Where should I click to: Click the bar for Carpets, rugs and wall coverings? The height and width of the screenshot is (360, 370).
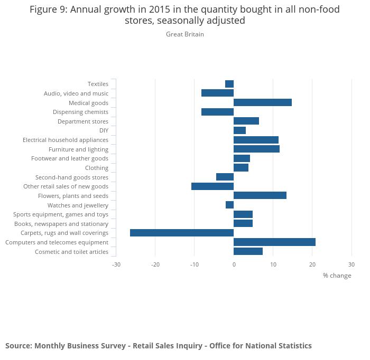pyautogui.click(x=182, y=233)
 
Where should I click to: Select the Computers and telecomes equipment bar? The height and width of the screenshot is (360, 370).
pyautogui.click(x=274, y=242)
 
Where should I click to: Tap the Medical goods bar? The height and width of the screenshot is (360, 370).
pyautogui.click(x=263, y=102)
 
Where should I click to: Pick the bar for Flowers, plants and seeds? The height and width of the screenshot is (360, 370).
pyautogui.click(x=260, y=195)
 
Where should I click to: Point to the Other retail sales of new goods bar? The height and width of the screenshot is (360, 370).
pyautogui.click(x=212, y=186)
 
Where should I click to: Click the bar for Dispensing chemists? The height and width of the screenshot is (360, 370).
pyautogui.click(x=217, y=112)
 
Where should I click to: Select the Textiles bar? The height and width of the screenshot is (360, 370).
pyautogui.click(x=229, y=84)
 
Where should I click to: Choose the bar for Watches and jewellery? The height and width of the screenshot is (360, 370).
pyautogui.click(x=229, y=205)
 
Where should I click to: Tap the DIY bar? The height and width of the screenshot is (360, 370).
pyautogui.click(x=239, y=130)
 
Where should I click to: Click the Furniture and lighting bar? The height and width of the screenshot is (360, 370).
pyautogui.click(x=256, y=149)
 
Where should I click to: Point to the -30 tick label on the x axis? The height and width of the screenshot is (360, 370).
pyautogui.click(x=116, y=264)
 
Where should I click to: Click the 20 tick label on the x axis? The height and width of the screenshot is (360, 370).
pyautogui.click(x=312, y=264)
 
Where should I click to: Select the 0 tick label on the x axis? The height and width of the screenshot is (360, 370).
pyautogui.click(x=234, y=264)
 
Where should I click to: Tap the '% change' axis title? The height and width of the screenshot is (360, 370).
pyautogui.click(x=337, y=276)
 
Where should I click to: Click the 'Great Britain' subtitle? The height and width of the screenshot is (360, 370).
pyautogui.click(x=185, y=34)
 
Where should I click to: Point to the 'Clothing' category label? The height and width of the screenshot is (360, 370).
pyautogui.click(x=97, y=168)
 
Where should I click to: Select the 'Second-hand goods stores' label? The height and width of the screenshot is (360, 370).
pyautogui.click(x=72, y=177)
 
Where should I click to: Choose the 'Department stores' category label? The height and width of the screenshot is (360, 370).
pyautogui.click(x=83, y=121)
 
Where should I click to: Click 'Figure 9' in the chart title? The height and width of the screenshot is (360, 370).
pyautogui.click(x=49, y=10)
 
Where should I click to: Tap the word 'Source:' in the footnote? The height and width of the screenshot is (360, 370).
pyautogui.click(x=18, y=346)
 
